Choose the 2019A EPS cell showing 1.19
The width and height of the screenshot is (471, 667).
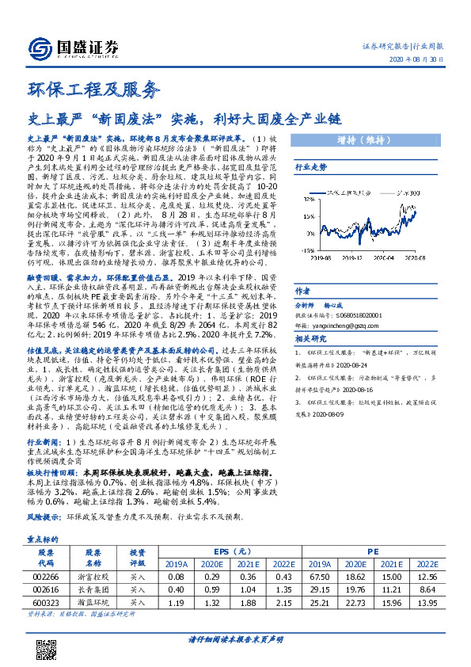click(x=174, y=604)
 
